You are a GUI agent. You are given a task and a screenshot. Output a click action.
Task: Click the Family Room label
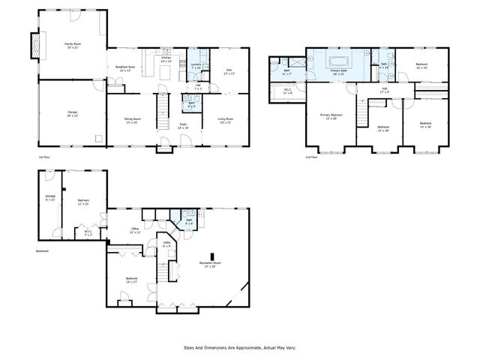(71, 45)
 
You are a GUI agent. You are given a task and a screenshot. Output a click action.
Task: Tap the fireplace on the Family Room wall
(34, 46)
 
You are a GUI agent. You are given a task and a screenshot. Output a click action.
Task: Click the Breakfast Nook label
(124, 68)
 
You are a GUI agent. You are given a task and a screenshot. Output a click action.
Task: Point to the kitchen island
(148, 70)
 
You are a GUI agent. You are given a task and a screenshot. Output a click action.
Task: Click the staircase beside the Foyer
(160, 117)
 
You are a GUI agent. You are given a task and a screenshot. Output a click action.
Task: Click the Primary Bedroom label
(331, 115)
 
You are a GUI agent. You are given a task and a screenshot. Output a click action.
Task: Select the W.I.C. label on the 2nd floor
(288, 90)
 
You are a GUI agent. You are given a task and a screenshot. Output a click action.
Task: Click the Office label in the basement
(134, 230)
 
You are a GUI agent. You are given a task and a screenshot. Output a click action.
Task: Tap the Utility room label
(166, 244)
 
